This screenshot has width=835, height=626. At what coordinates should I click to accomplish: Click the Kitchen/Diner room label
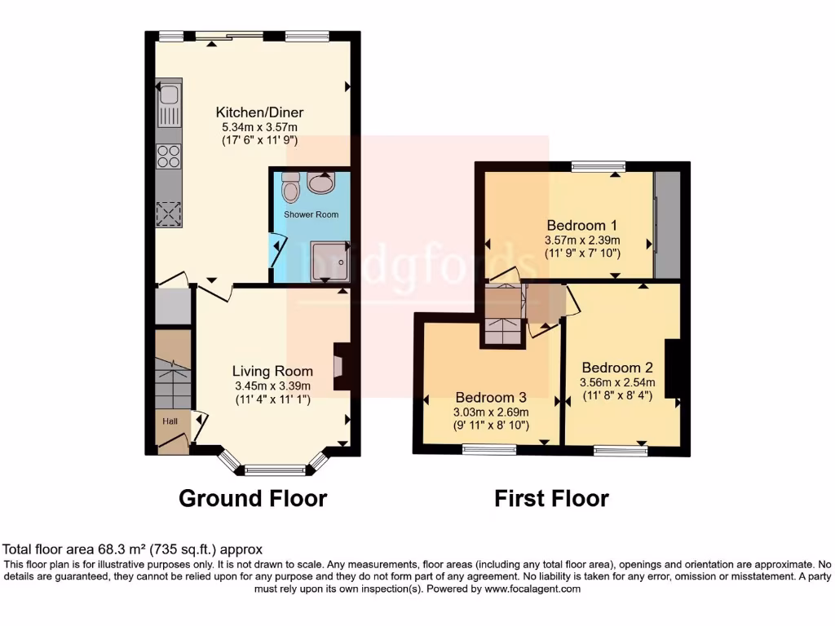tap(259, 112)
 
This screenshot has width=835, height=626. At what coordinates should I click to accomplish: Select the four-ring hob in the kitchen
tap(169, 155)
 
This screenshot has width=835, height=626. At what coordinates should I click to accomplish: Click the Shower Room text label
tap(311, 214)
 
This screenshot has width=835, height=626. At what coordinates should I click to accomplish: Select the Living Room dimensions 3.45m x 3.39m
tap(272, 386)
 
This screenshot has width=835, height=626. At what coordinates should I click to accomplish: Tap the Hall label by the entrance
tap(170, 421)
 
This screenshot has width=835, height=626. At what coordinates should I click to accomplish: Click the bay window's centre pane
tap(275, 469)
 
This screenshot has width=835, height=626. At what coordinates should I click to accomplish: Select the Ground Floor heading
tap(253, 498)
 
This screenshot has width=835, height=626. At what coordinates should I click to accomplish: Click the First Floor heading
tap(551, 498)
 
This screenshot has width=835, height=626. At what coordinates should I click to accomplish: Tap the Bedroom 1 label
tap(582, 225)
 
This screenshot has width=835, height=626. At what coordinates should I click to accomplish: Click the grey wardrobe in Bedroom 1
tap(668, 225)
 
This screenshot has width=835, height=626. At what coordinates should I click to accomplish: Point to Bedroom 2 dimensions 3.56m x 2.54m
tap(617, 382)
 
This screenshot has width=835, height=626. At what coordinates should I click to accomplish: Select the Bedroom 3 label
tap(490, 397)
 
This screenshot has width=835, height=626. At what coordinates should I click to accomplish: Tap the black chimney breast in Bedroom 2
tap(673, 368)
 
